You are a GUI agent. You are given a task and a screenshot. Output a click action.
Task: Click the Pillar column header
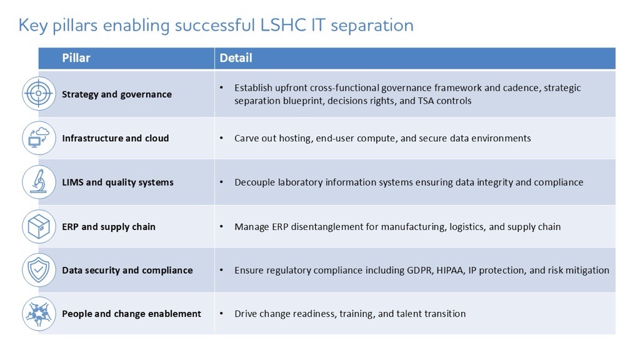76,58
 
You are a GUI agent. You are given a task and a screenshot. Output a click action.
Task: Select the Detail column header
236,58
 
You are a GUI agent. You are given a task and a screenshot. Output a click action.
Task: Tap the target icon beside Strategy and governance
39,94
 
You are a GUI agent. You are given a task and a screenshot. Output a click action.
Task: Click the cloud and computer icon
39,137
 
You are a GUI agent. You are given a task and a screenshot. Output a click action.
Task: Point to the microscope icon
39,182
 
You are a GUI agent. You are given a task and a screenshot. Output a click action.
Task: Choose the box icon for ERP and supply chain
39,226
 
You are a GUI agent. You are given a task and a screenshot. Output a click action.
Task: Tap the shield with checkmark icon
39,270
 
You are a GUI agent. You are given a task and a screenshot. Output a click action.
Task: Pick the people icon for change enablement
39,313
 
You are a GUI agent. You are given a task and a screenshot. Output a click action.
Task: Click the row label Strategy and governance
116,94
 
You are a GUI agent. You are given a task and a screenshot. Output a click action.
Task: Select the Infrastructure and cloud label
115,138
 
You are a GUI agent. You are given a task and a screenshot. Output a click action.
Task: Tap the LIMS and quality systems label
117,182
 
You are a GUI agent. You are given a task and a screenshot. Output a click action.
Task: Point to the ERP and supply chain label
108,226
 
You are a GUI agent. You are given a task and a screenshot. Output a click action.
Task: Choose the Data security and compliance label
127,271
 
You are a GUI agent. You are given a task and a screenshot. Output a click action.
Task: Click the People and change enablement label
131,314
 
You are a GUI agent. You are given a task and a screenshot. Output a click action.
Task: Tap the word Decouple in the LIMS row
254,182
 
